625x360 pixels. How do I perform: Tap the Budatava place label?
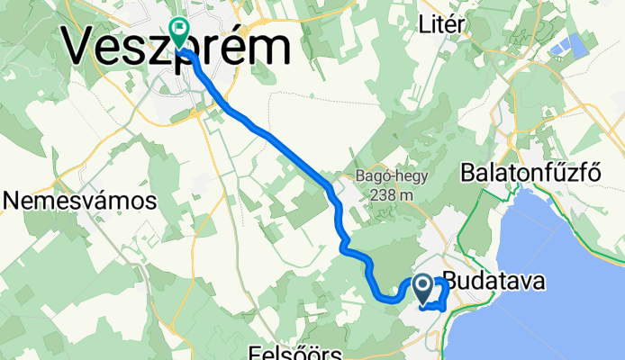click(x=494, y=283)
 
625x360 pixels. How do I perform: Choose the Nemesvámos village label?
click(x=79, y=201)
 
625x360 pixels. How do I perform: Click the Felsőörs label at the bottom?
click(x=287, y=350)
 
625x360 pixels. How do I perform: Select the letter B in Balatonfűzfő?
click(x=469, y=172)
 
